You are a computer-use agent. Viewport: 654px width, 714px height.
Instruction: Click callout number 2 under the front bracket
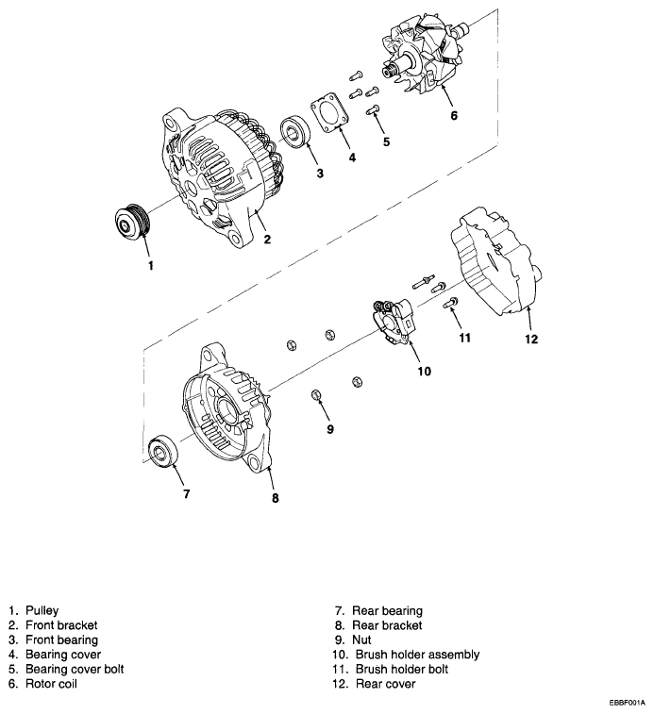(x=267, y=240)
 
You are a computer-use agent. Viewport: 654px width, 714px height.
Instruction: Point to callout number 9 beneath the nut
(x=329, y=429)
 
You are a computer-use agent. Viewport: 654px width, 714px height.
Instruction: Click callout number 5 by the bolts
(x=385, y=141)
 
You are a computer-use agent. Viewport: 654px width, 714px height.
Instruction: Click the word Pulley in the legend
(x=42, y=611)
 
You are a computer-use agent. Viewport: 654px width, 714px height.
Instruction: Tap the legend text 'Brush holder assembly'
(x=418, y=655)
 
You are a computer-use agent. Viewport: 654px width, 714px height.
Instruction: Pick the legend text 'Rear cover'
(x=387, y=684)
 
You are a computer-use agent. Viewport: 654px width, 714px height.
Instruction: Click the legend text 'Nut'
(x=363, y=639)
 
